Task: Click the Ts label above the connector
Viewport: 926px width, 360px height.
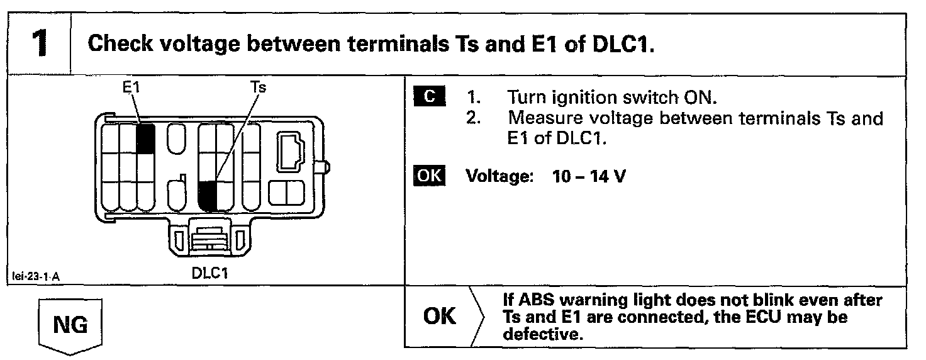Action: tap(259, 87)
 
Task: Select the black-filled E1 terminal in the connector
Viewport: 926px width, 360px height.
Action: tap(145, 138)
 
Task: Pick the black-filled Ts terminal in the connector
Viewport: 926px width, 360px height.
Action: tap(208, 195)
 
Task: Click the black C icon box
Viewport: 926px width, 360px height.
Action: tap(429, 98)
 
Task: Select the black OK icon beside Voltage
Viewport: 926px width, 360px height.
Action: tap(429, 176)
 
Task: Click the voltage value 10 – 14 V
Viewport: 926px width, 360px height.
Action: tap(588, 177)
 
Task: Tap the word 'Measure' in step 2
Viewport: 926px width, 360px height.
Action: tap(546, 119)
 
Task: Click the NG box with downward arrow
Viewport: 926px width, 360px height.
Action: tap(70, 327)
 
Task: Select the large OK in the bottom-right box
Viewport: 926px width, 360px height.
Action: tap(440, 317)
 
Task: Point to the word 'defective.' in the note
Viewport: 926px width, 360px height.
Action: tap(540, 334)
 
